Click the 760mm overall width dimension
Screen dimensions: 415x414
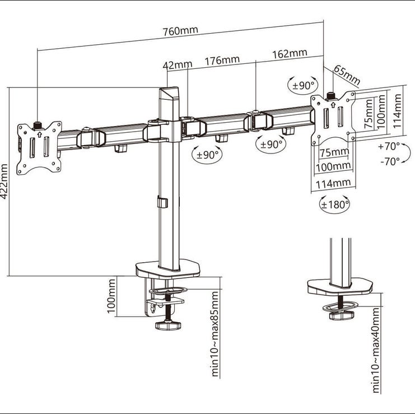[x=180, y=30]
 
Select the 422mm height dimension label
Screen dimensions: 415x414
[x=4, y=182]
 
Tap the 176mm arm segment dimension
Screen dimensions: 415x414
[x=222, y=61]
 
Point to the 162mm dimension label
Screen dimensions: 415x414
[x=290, y=53]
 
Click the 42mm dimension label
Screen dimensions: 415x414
[x=178, y=65]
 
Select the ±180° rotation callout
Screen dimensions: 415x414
[x=334, y=204]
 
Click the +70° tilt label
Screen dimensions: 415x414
[x=389, y=146]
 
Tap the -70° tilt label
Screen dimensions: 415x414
[x=390, y=161]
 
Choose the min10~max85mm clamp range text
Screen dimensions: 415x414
[x=215, y=333]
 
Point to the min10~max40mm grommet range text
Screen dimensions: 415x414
[x=376, y=350]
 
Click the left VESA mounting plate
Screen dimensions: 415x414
[x=39, y=148]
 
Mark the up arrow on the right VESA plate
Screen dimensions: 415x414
[x=333, y=104]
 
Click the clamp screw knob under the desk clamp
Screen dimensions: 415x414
[x=168, y=325]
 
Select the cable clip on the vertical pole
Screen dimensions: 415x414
[x=162, y=202]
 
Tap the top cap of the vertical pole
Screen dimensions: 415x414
[x=169, y=92]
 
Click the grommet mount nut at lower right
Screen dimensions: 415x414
[x=342, y=315]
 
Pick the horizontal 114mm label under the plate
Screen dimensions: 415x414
[x=333, y=183]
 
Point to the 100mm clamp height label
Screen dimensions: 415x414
[x=111, y=296]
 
